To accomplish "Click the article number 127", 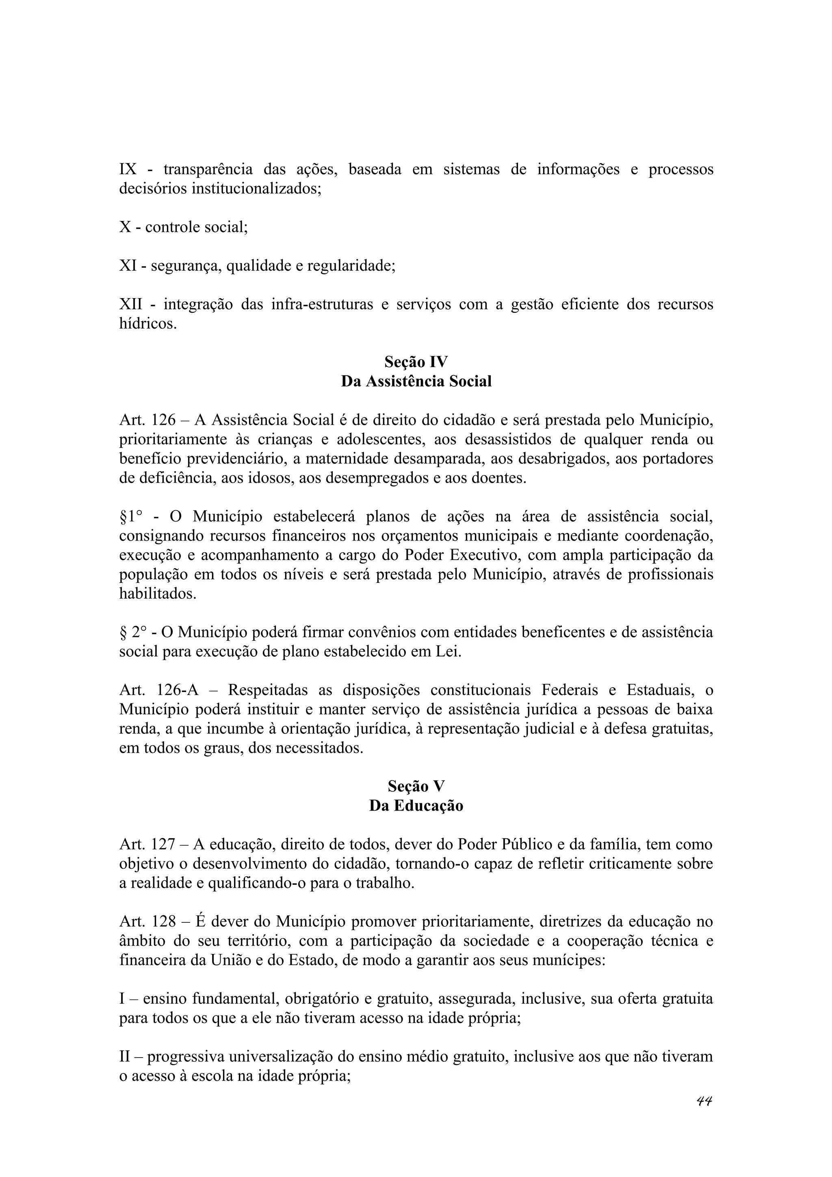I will coord(164,844).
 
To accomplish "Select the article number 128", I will coord(164,921).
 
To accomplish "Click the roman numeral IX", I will coord(128,169).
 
